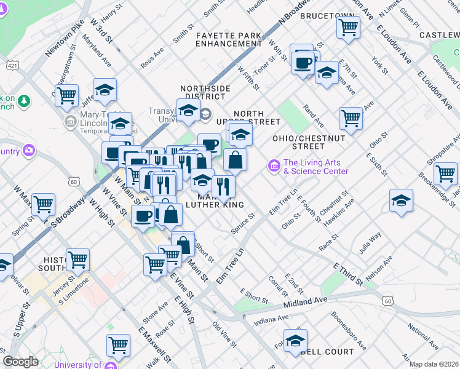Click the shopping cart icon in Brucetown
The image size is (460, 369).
coord(349,27)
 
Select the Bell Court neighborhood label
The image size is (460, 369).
coord(329,352)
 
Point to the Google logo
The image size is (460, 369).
coord(20,361)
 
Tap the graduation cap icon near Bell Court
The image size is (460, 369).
coord(295,340)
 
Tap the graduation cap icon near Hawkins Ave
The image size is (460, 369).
coord(401,200)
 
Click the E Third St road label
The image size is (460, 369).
coord(347,275)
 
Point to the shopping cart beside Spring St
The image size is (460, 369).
coord(43,204)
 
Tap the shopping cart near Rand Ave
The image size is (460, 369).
coord(351,117)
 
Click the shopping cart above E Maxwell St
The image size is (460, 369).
coord(118,344)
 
